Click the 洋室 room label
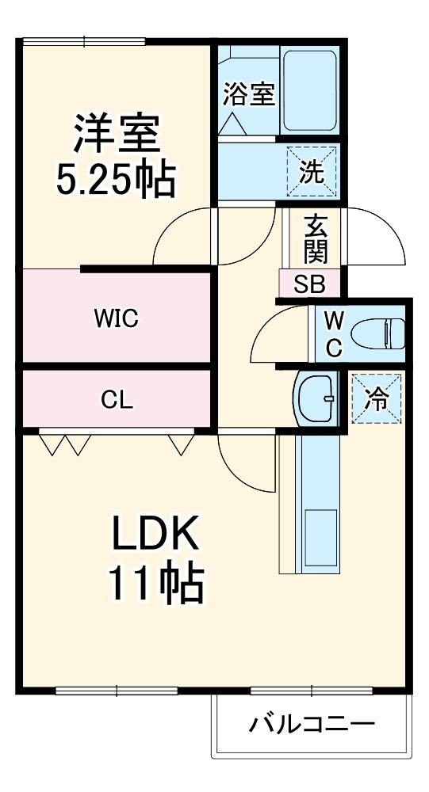(x=117, y=135)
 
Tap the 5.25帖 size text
(x=116, y=181)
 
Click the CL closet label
(x=117, y=400)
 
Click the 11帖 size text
(x=156, y=584)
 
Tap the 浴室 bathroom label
(x=248, y=94)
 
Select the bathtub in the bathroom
(x=310, y=93)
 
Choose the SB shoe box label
(x=310, y=284)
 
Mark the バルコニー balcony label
(x=312, y=724)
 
